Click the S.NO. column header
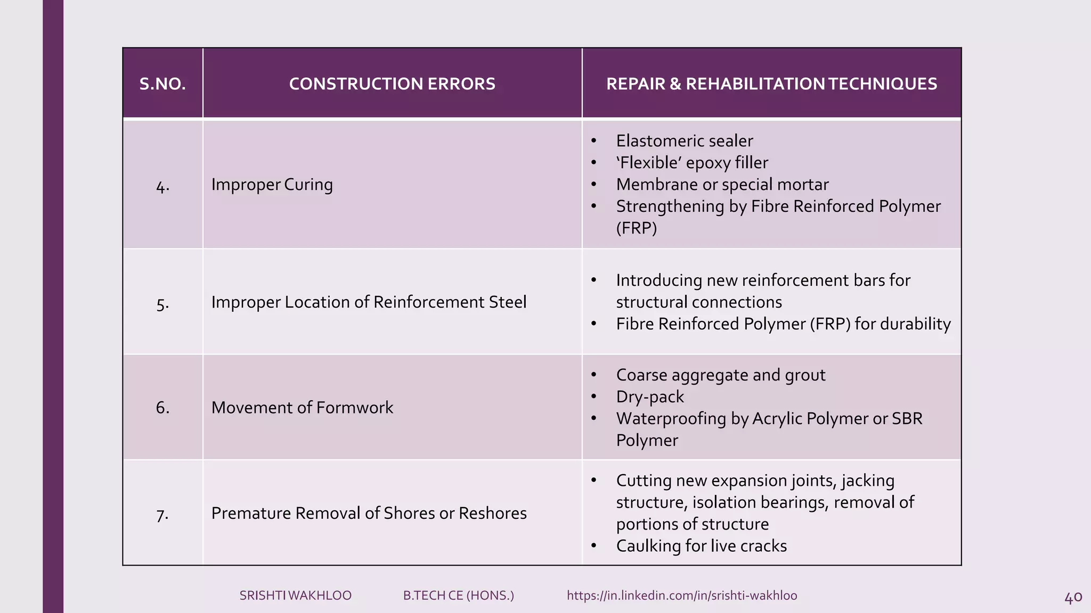162,84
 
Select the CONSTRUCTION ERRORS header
392,84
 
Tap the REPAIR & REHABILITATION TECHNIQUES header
771,84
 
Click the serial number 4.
162,186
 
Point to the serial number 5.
162,304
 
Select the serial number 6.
162,408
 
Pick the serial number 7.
162,515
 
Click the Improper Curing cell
272,185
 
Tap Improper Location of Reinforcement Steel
369,302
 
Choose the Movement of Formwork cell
302,408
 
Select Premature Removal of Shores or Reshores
369,513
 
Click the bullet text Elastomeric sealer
685,141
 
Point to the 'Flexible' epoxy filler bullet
692,163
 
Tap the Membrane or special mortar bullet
722,185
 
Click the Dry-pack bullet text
650,397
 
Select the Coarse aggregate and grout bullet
721,375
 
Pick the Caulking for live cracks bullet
701,546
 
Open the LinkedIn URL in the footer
682,595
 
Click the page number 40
1073,598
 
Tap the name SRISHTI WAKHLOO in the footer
295,595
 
